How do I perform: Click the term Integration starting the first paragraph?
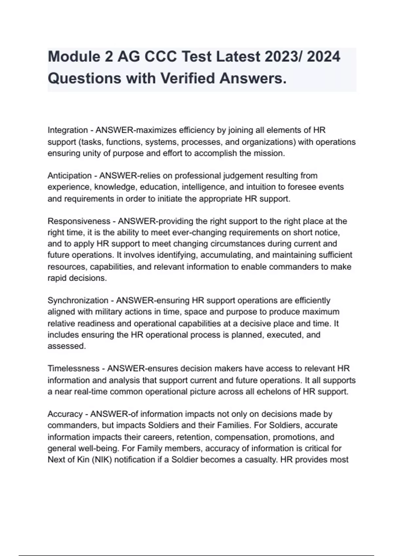(x=68, y=130)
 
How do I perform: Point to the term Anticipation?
(x=69, y=176)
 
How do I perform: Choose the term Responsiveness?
(x=79, y=221)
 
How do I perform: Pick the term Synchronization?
(x=78, y=300)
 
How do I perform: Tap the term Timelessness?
(x=73, y=369)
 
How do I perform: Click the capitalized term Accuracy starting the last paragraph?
(x=65, y=414)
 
